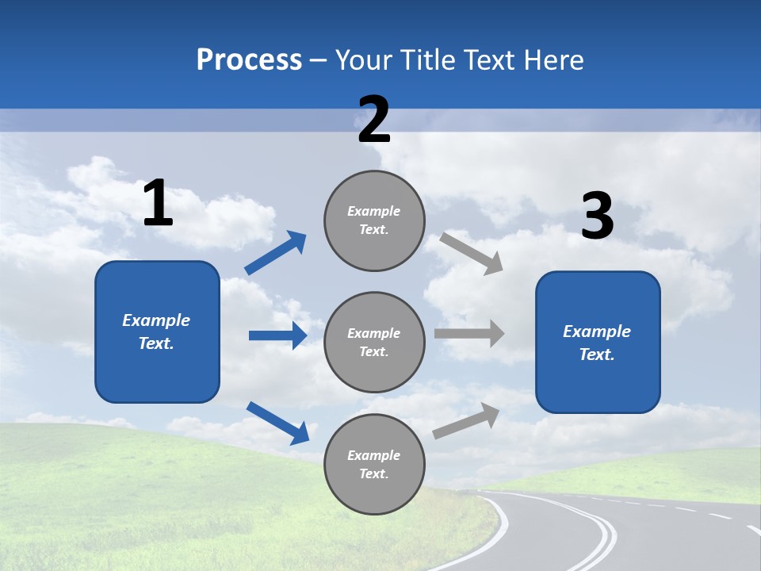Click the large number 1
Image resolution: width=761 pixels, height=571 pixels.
(x=158, y=203)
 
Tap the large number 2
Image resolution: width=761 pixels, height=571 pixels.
(x=374, y=120)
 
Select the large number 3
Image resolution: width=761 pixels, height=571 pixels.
(x=597, y=217)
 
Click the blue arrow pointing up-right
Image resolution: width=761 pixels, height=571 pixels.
(x=275, y=253)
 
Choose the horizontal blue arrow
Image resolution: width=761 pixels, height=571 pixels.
(x=277, y=335)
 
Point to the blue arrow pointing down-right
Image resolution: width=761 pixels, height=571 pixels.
(x=277, y=423)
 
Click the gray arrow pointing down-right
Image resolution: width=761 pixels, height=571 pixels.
(x=472, y=253)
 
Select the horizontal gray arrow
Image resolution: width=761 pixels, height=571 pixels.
(x=469, y=333)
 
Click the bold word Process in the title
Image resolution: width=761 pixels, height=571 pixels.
(x=249, y=59)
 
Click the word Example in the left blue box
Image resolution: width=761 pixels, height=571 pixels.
(x=156, y=320)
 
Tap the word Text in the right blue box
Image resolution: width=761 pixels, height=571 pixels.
(x=595, y=354)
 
